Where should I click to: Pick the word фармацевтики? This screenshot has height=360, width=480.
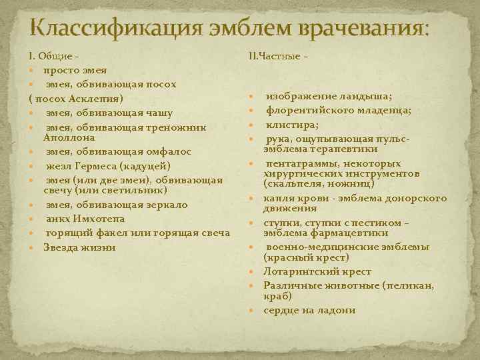[347, 232]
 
